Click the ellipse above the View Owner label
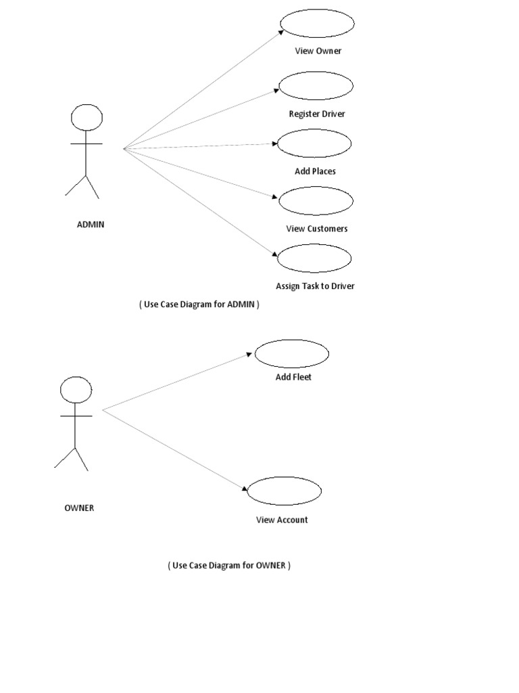click(x=317, y=24)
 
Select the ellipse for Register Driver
click(x=316, y=86)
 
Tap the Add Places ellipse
click(x=314, y=143)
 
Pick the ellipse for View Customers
click(x=316, y=201)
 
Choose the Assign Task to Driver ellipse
click(x=314, y=259)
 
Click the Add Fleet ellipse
click(x=291, y=353)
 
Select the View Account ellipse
click(x=284, y=491)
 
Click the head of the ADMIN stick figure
click(x=87, y=118)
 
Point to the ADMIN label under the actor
click(x=91, y=225)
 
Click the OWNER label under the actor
click(x=79, y=508)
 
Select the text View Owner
click(x=318, y=51)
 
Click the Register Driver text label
click(x=317, y=114)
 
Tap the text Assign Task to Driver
click(x=315, y=286)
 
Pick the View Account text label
click(x=282, y=520)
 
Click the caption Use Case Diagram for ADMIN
click(x=199, y=305)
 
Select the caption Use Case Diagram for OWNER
click(x=229, y=565)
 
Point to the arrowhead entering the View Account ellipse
click(x=245, y=489)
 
